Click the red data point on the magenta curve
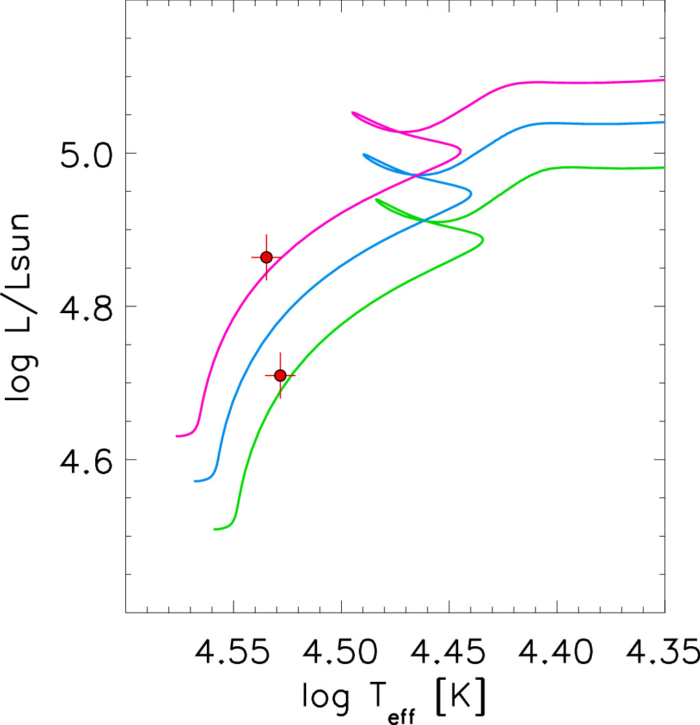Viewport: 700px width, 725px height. (x=266, y=257)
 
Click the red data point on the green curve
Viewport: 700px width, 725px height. (x=279, y=376)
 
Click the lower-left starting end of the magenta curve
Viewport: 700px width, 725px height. (x=177, y=436)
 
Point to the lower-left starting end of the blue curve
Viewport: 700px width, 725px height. (x=195, y=481)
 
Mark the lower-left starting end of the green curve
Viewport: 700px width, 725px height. (x=214, y=529)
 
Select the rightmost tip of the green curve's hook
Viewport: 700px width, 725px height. (x=484, y=240)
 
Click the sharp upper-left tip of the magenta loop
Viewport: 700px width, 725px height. (x=352, y=112)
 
